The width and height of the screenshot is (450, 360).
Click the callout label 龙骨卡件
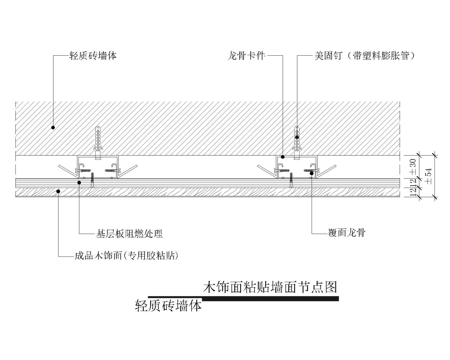(246, 55)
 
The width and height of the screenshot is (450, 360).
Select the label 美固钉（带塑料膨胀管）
(365, 55)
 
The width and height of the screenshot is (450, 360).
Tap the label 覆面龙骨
(347, 232)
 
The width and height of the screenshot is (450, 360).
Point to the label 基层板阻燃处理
(129, 234)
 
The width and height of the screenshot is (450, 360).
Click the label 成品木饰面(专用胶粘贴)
(126, 256)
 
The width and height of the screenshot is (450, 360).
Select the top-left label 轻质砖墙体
(93, 55)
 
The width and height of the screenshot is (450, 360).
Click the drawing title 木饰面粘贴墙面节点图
(270, 287)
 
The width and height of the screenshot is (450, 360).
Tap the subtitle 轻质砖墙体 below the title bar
(168, 305)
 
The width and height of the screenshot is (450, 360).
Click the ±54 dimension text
(429, 176)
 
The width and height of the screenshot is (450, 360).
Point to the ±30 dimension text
(413, 167)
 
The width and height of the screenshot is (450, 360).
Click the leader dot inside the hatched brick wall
(53, 127)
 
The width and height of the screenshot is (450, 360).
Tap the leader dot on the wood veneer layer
(58, 191)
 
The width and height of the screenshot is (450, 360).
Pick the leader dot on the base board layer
(79, 182)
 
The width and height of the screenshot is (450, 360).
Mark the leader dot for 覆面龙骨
(311, 173)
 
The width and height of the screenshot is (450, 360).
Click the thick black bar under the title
(270, 298)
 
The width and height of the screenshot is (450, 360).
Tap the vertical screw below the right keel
(291, 181)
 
